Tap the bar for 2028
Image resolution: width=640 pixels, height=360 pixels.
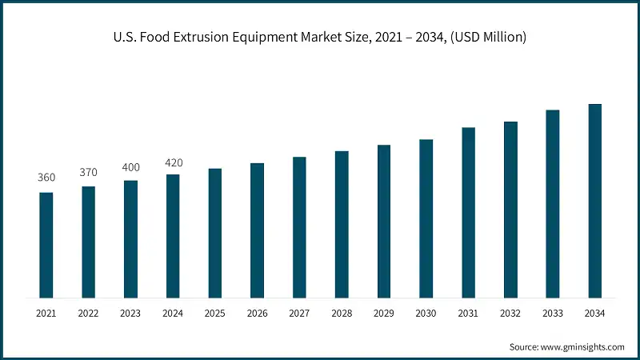pos(342,225)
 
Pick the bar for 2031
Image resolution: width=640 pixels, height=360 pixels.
pos(468,213)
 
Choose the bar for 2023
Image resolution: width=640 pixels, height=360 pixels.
pos(130,239)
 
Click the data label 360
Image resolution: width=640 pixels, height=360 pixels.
pos(46,178)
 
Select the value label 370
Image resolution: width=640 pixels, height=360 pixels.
pos(88,172)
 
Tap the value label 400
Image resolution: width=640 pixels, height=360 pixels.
pos(130,166)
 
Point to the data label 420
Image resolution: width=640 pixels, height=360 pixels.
pos(173,162)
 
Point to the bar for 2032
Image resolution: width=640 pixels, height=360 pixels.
pos(510,210)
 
